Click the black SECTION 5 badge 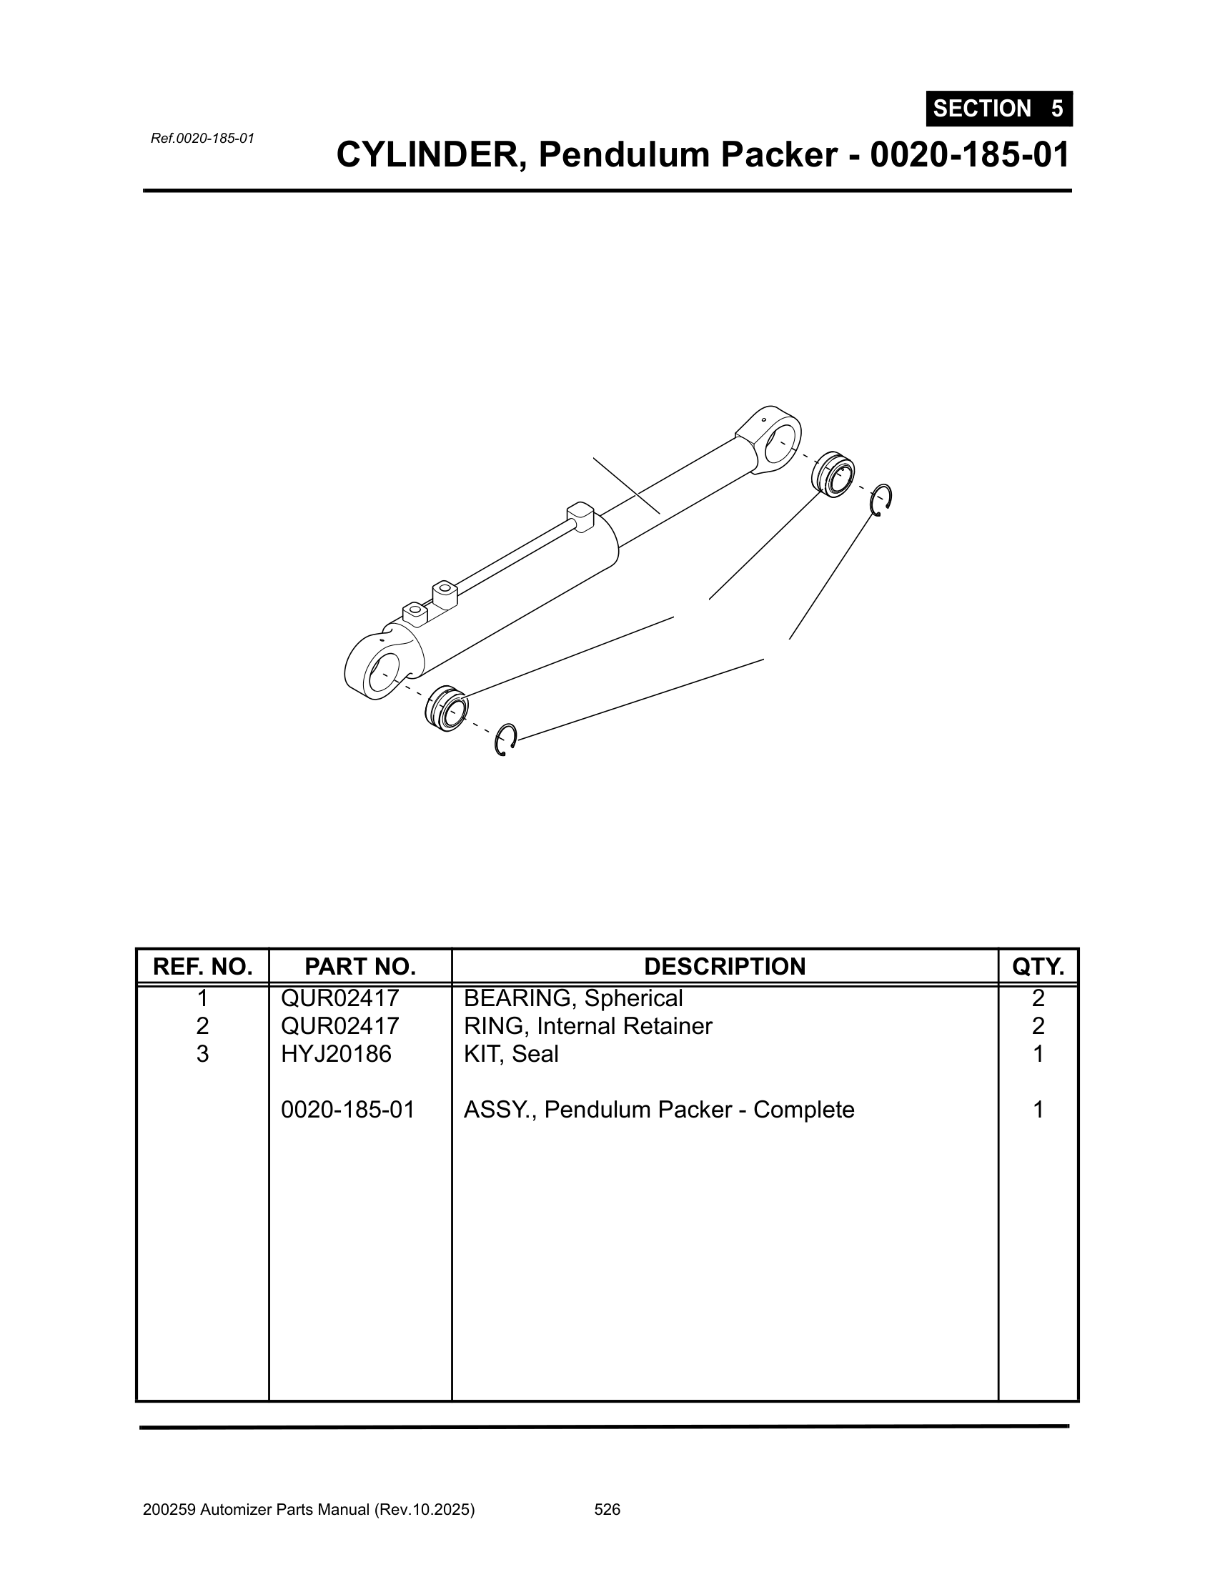click(x=999, y=109)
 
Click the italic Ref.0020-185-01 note click(x=202, y=138)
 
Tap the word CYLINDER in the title click(x=430, y=155)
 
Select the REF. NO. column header click(x=203, y=966)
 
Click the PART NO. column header click(x=361, y=966)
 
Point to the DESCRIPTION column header click(x=725, y=966)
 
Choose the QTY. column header click(x=1038, y=966)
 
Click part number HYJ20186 click(x=336, y=1054)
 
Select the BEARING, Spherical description click(x=573, y=998)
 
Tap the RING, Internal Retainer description click(x=588, y=1025)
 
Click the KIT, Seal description click(x=511, y=1054)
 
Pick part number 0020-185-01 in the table click(x=348, y=1109)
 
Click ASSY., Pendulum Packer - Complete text click(x=660, y=1109)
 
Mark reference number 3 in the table click(x=203, y=1054)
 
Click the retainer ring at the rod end click(x=881, y=499)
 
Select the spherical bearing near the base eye click(x=446, y=709)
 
